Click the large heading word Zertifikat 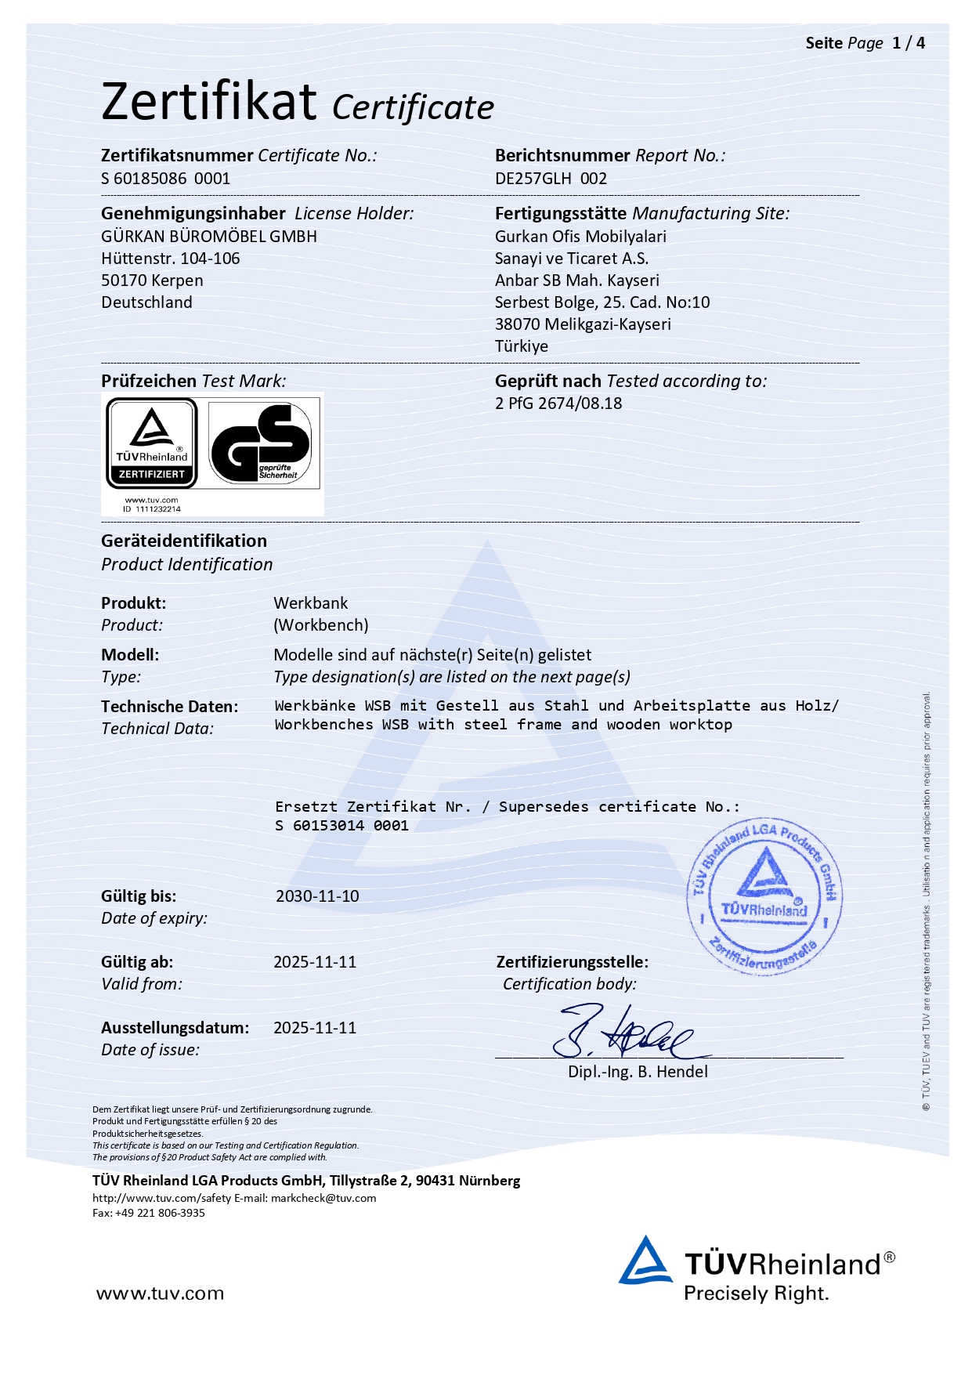(209, 102)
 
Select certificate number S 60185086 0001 (165, 179)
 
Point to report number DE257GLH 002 (551, 179)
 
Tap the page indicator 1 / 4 (909, 43)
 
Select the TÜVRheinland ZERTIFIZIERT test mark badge (152, 443)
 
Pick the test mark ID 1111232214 (152, 509)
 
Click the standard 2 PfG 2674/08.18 (558, 403)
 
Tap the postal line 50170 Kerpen (152, 280)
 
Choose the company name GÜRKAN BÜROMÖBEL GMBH (209, 237)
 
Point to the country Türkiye (522, 346)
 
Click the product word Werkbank (311, 603)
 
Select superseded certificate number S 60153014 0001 (342, 826)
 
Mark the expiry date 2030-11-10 (317, 896)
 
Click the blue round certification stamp (764, 899)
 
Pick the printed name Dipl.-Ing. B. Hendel (638, 1072)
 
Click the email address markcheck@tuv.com (323, 1198)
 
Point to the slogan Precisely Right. (756, 1294)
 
